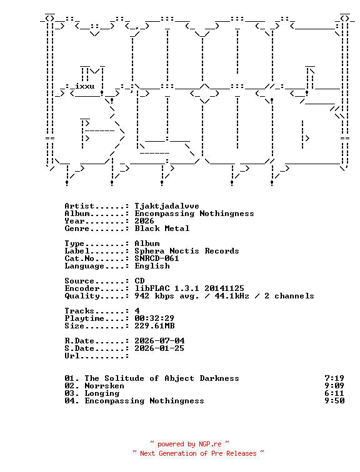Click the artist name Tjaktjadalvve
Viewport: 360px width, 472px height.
[x=167, y=207]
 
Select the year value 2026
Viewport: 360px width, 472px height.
[x=144, y=221]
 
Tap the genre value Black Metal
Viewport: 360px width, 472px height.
[x=162, y=229]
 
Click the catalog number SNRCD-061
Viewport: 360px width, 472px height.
[x=157, y=258]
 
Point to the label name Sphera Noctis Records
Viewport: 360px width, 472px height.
[x=187, y=251]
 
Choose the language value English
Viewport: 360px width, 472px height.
[x=152, y=267]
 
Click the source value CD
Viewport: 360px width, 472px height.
[x=139, y=281]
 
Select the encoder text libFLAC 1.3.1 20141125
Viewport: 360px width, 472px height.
[x=189, y=288]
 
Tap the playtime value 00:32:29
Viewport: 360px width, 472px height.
[x=154, y=318]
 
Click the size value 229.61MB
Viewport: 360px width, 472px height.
[x=154, y=326]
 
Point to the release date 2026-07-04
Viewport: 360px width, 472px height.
[x=159, y=341]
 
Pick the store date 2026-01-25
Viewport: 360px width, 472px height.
[x=159, y=348]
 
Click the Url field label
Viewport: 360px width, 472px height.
[x=72, y=356]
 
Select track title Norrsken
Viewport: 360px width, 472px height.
[x=104, y=386]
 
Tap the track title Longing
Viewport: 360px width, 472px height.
[x=102, y=394]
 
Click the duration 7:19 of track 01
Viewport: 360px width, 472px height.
[x=334, y=378]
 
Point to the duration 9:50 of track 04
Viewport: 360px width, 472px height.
[x=334, y=401]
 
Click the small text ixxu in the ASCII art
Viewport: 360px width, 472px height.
[x=84, y=86]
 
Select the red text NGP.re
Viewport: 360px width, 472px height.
[x=210, y=445]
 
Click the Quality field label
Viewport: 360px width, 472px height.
[x=82, y=296]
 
